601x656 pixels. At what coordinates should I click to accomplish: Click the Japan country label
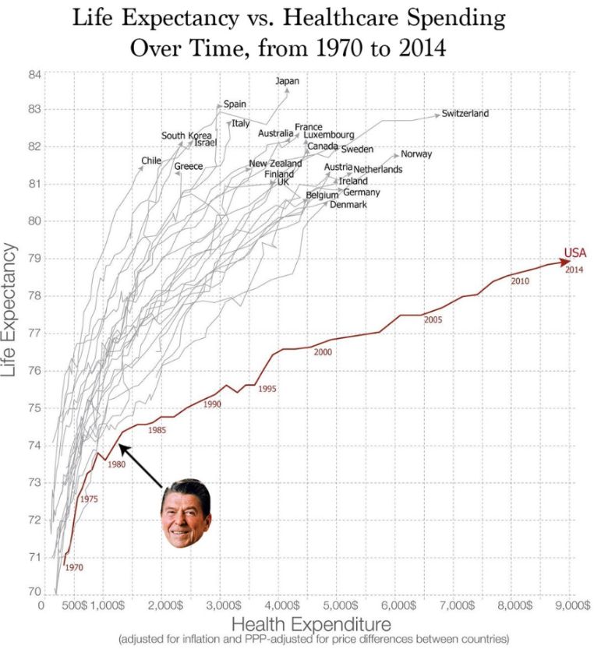point(287,80)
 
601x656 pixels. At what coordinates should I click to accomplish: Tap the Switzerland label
point(465,114)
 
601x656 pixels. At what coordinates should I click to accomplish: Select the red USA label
point(574,252)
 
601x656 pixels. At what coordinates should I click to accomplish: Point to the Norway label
point(416,154)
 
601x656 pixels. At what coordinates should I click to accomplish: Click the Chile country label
point(150,161)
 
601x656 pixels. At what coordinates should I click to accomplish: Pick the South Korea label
point(186,136)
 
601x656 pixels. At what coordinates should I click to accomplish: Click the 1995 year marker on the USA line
point(267,388)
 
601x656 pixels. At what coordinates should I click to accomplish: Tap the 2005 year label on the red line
point(433,320)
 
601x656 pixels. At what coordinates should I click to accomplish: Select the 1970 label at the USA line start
point(73,567)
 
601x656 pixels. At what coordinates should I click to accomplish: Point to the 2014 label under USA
point(574,270)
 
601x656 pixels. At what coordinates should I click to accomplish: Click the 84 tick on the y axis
point(34,75)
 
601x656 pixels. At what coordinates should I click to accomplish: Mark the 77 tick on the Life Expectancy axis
point(34,333)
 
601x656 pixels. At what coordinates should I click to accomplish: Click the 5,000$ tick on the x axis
point(341,605)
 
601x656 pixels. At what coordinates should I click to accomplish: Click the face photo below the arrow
point(186,513)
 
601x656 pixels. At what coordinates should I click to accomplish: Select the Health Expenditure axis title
point(311,623)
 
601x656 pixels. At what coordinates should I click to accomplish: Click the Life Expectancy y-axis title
point(11,310)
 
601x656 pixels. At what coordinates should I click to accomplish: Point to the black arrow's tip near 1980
point(121,446)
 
